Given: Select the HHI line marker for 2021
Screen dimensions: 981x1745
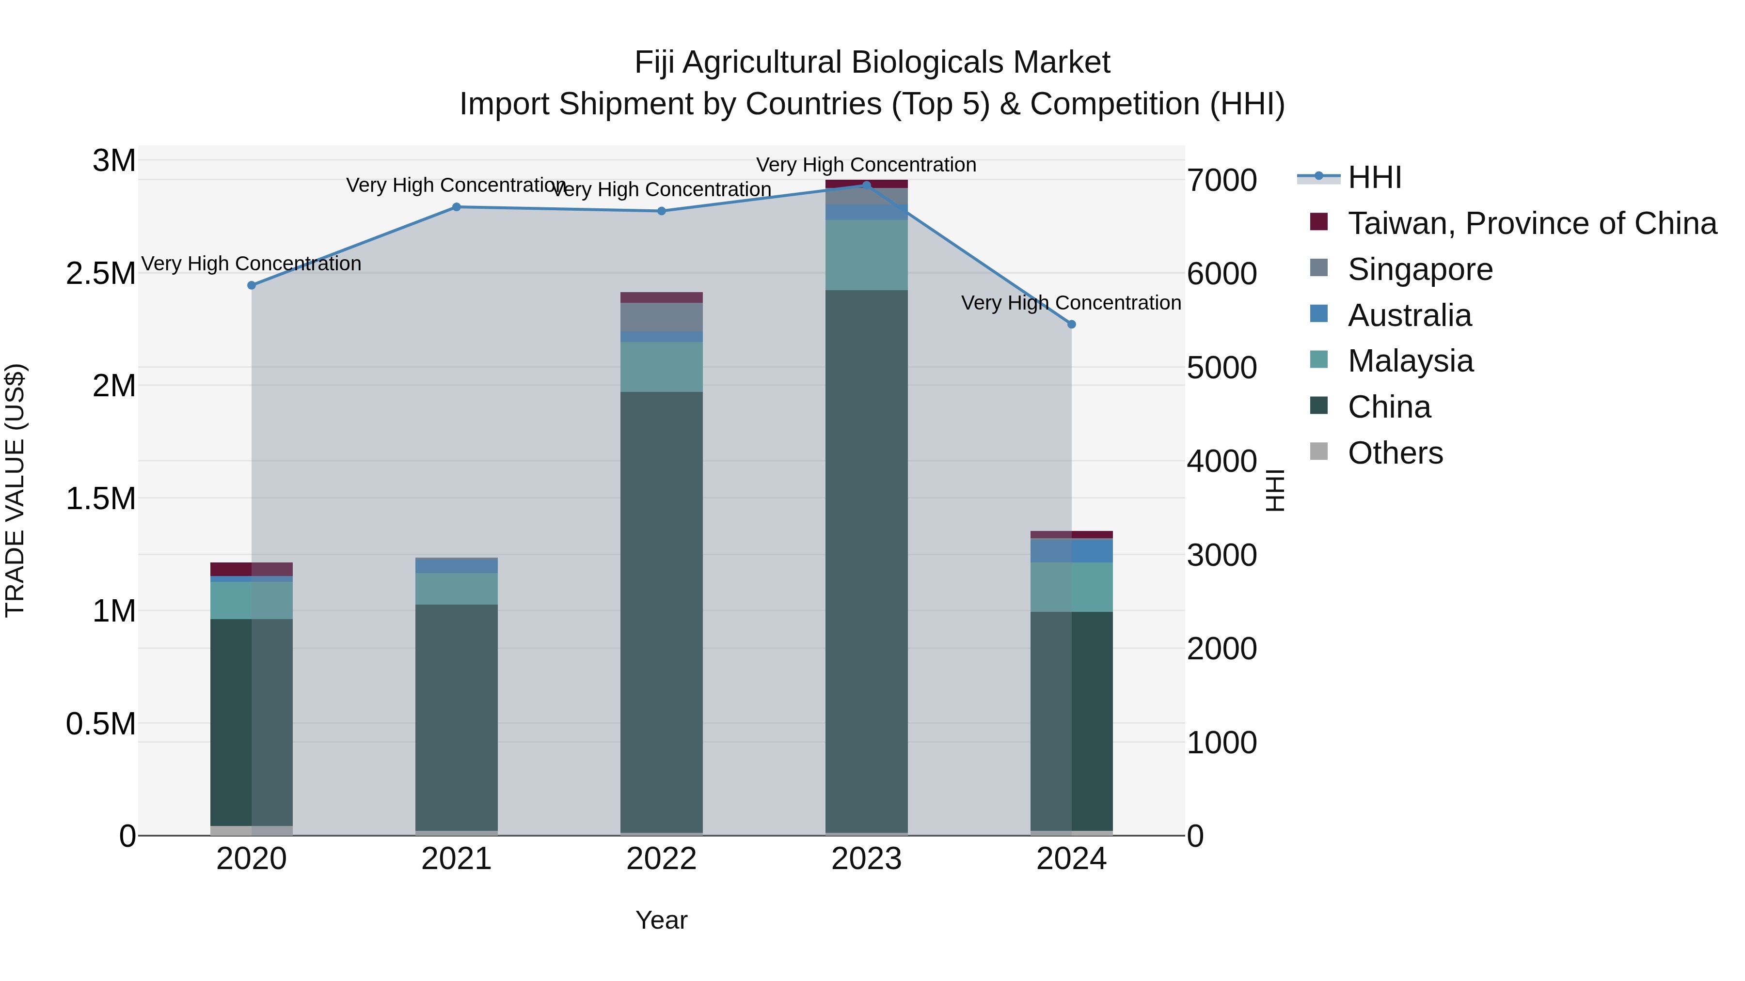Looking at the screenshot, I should pyautogui.click(x=457, y=207).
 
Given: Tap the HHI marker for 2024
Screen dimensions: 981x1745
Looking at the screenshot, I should pyautogui.click(x=1072, y=324).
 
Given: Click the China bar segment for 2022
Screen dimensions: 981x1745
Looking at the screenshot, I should pyautogui.click(x=661, y=609).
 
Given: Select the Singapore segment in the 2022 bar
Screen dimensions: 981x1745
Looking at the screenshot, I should pyautogui.click(x=661, y=317).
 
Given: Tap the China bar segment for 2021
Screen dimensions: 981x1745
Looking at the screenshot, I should pyautogui.click(x=457, y=717).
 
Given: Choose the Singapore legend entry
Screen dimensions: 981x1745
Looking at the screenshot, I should pyautogui.click(x=1419, y=269).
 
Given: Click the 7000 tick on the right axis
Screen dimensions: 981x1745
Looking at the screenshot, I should pyautogui.click(x=1221, y=180).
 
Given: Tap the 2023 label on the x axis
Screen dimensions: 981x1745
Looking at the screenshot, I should pyautogui.click(x=866, y=859).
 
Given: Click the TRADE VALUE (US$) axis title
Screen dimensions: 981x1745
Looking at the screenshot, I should pyautogui.click(x=15, y=490).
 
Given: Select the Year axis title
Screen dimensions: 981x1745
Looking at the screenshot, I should pyautogui.click(x=661, y=920).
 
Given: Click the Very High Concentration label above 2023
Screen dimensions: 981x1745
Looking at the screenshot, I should pyautogui.click(x=866, y=165).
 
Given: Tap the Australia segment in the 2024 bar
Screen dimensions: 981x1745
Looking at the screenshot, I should pyautogui.click(x=1072, y=550).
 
